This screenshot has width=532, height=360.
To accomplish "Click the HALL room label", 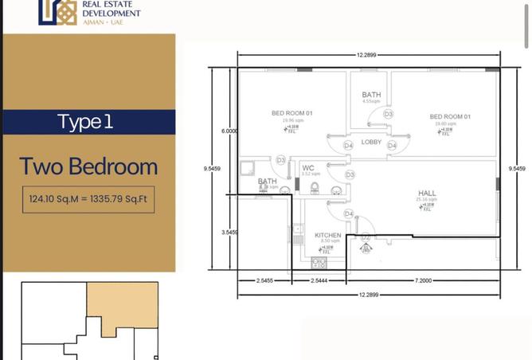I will point(427,194).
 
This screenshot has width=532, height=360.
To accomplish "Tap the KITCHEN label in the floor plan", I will point(328,236).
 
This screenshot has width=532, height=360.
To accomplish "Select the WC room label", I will point(307,168).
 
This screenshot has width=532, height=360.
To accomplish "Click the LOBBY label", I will point(371,142).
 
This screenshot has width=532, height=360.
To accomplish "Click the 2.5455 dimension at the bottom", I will point(264,282).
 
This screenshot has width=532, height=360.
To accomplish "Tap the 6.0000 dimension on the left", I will point(229,131).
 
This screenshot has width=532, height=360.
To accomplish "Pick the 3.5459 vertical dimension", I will point(229,232).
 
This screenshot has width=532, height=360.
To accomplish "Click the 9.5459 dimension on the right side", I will point(515,169).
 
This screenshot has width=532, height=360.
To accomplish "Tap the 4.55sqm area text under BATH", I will point(370,102).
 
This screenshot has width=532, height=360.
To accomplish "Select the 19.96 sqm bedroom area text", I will point(291,121).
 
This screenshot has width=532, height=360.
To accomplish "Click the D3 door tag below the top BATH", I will point(388,115).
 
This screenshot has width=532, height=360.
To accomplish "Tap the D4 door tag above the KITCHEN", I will point(348,214).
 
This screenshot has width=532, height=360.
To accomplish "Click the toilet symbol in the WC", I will point(315,188).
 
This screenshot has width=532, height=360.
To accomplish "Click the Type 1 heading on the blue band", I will point(85,122).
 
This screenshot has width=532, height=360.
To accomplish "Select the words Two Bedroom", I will point(88,166).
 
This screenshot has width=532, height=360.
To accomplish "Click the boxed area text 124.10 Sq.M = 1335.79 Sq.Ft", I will point(88,199).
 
